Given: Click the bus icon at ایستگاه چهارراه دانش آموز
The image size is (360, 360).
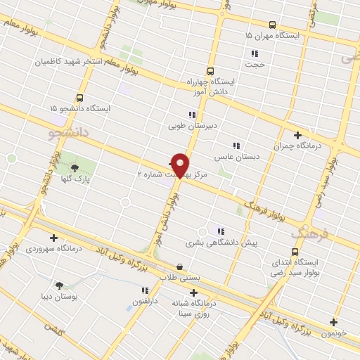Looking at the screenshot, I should click(x=210, y=70).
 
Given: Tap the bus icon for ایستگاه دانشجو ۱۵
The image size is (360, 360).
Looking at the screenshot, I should click(x=79, y=98).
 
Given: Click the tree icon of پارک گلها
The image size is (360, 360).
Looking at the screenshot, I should click(x=75, y=167).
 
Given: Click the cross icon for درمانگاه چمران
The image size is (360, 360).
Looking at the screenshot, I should click(x=297, y=135).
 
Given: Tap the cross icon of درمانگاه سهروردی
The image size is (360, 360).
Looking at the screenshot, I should click(x=53, y=238).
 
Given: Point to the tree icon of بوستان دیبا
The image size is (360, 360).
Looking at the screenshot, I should click(x=59, y=285).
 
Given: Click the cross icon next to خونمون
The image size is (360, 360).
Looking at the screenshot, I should click(x=333, y=323).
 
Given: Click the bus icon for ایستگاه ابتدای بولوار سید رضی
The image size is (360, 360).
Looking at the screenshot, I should click(x=294, y=252).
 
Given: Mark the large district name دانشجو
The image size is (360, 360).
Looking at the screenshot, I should click(x=63, y=131).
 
